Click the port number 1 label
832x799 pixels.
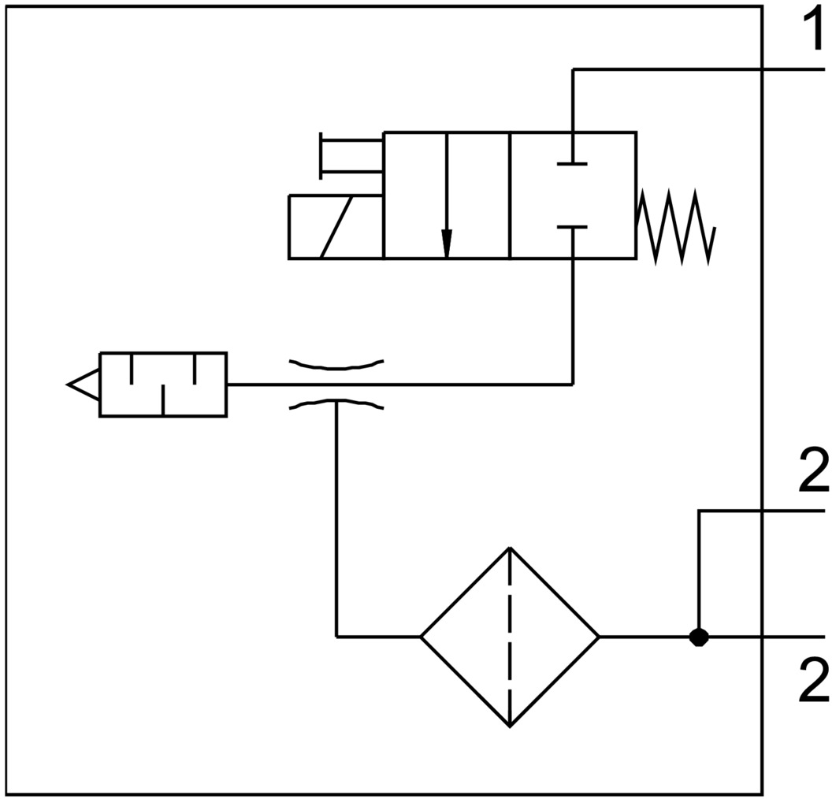pos(812,31)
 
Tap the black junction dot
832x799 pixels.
pos(698,637)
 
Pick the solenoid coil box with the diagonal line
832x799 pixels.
pos(336,227)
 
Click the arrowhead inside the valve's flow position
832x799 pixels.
pos(447,243)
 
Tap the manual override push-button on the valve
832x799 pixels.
pos(347,155)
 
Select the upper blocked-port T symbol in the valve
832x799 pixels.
pos(572,162)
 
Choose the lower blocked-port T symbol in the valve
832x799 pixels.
pos(572,228)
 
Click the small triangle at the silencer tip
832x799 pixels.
pos(83,385)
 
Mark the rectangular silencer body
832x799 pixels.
pos(162,385)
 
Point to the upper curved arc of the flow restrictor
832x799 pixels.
pos(336,365)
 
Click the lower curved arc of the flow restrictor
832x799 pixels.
pos(336,404)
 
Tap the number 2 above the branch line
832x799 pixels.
pos(812,472)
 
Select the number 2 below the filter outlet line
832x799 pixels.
pos(812,682)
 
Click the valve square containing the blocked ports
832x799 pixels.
pos(572,195)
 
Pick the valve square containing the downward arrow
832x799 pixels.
pos(447,195)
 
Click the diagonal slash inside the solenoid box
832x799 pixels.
pos(336,227)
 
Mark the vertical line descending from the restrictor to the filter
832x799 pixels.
pos(337,520)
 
